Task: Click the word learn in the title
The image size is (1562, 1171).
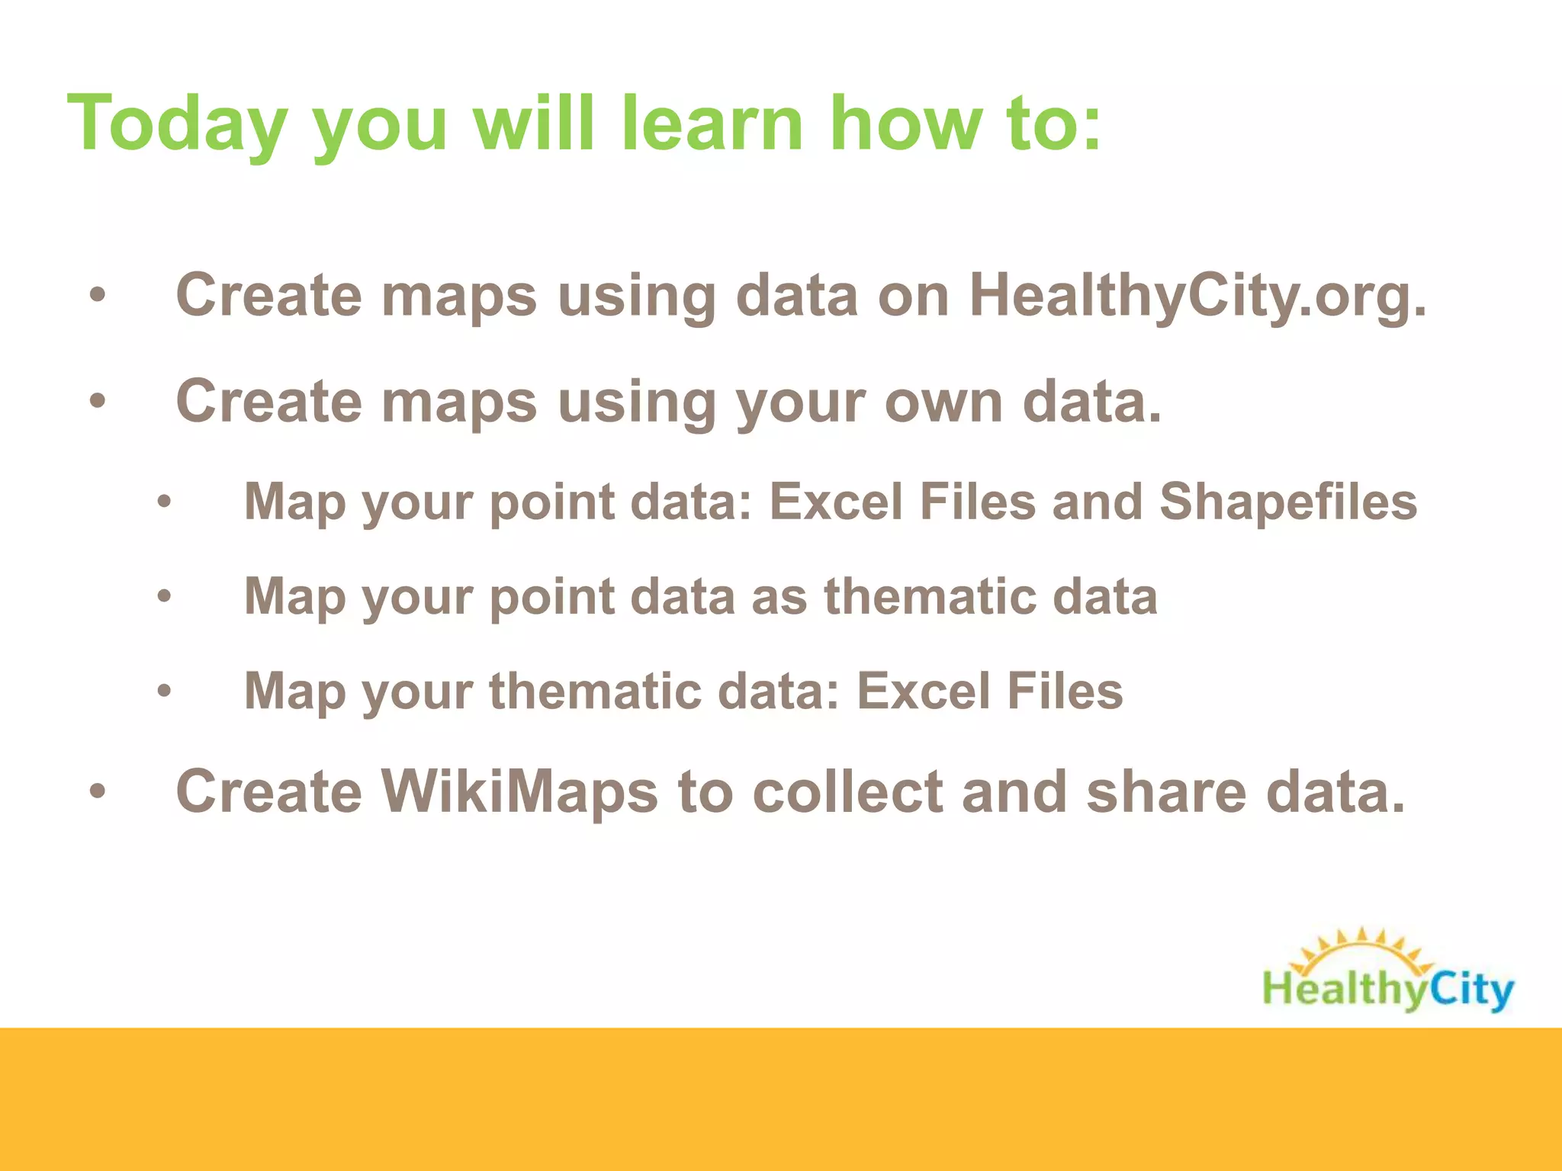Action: click(712, 124)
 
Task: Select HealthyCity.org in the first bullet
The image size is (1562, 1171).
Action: click(1197, 296)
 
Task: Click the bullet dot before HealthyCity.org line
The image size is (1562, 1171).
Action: click(97, 297)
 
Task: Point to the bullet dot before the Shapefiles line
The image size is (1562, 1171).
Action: click(164, 503)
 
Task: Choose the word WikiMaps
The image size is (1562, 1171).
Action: click(519, 791)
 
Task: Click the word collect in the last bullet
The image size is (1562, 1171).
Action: click(847, 791)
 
